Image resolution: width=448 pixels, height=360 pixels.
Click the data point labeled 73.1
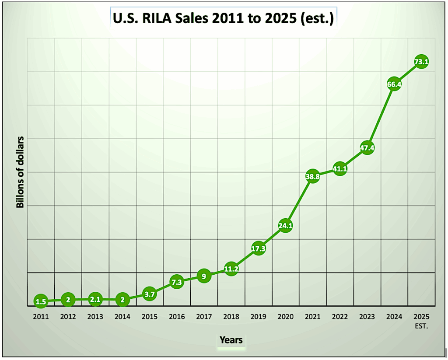tap(421, 62)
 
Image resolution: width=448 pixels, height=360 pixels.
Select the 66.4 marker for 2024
tap(394, 84)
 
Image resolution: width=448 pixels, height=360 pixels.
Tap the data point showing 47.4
tap(367, 148)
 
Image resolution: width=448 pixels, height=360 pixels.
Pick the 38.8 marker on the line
tap(312, 177)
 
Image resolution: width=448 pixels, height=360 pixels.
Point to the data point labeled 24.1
tap(285, 226)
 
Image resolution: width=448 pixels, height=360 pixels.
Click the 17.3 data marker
tap(258, 248)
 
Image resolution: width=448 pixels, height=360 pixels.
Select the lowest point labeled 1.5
tap(40, 301)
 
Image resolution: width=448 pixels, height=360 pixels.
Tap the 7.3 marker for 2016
tap(176, 282)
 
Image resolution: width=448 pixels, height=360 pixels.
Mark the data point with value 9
tap(204, 276)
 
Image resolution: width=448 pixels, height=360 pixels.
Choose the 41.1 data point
tap(339, 169)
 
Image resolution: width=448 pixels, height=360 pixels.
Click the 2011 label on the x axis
tap(40, 316)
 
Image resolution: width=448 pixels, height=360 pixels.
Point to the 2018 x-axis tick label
tap(231, 316)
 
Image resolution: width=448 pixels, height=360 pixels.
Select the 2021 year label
tap(312, 316)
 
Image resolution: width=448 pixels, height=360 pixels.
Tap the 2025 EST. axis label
tap(421, 321)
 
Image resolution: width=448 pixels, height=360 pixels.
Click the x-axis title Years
tap(231, 340)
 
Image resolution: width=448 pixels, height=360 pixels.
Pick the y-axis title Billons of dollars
tap(20, 172)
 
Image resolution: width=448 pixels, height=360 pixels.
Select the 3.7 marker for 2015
tap(149, 294)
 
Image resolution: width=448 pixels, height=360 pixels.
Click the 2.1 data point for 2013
tap(95, 300)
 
